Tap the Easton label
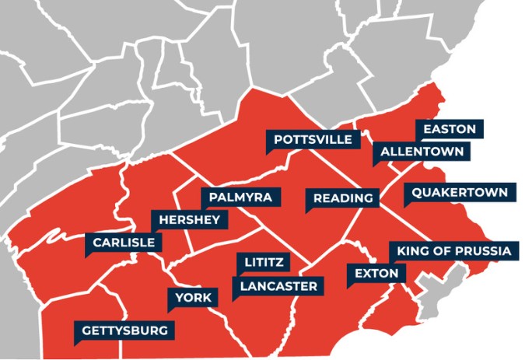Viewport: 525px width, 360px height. (450, 128)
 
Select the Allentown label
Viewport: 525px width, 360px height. (421, 151)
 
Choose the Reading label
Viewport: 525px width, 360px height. (343, 198)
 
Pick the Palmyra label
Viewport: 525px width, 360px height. (240, 197)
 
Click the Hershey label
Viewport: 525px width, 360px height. (189, 220)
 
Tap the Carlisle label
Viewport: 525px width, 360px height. (124, 243)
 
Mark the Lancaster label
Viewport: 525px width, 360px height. (278, 286)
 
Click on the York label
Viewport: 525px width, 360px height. (189, 297)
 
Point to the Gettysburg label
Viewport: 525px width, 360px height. (124, 330)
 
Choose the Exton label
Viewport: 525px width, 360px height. (376, 274)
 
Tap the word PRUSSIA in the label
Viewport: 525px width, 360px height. (483, 251)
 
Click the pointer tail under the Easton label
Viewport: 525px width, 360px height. (420, 140)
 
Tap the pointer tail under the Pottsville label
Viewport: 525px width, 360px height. (271, 152)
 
